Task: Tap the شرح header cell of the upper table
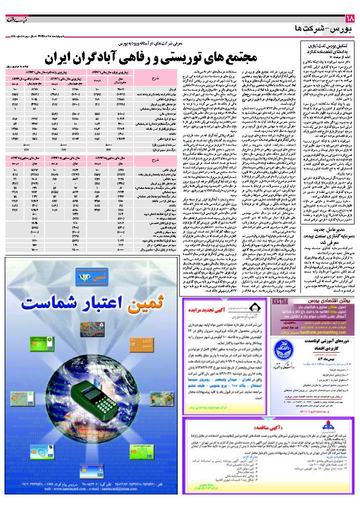[x=154, y=78]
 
